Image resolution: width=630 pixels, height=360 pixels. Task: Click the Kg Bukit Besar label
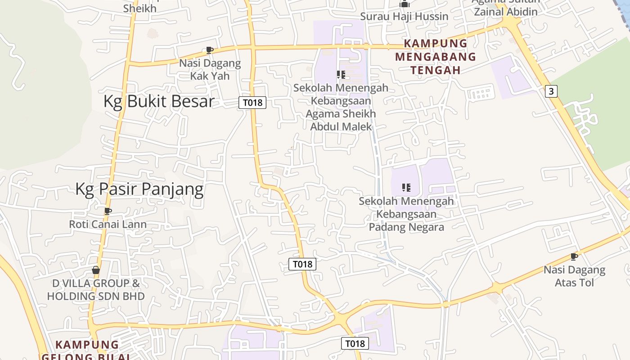point(159,102)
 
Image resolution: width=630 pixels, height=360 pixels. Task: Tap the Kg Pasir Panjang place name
point(139,189)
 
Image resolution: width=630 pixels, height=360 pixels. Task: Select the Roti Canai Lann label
point(108,224)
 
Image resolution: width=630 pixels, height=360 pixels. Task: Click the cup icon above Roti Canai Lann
point(108,211)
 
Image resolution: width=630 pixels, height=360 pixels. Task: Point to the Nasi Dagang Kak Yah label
point(210,69)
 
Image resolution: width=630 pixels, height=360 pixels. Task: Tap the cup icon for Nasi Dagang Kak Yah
point(209,50)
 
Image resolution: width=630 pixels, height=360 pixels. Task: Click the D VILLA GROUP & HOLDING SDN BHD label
point(96,290)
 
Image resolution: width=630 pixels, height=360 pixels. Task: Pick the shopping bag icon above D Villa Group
point(96,270)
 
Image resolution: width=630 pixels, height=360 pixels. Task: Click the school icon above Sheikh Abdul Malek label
point(341,74)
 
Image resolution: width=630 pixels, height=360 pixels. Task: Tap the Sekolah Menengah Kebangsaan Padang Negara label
point(406,214)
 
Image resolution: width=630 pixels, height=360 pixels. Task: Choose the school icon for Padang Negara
point(406,187)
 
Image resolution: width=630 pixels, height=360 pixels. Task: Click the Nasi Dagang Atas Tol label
point(574,276)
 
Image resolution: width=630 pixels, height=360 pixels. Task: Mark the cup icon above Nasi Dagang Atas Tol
point(574,256)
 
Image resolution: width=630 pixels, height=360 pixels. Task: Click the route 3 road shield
point(551,91)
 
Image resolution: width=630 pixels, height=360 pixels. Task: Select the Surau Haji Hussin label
point(404,17)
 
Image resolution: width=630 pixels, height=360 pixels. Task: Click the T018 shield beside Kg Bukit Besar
point(252,103)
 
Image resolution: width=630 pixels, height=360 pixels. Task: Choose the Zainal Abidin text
point(505,12)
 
